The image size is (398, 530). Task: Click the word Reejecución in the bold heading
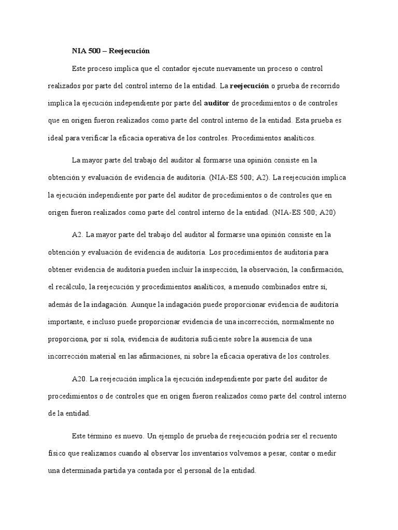pos(129,51)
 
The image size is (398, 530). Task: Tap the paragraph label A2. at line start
pos(77,235)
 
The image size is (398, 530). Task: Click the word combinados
pos(282,287)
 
